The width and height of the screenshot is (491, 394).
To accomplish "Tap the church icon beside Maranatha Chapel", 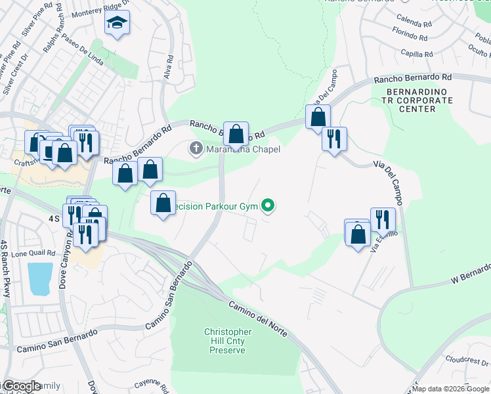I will coord(196,149).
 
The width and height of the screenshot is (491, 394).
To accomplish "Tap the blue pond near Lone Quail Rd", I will coord(39,278).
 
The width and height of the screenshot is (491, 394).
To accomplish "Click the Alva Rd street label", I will coord(169,68).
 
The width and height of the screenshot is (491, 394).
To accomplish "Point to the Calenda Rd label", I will coord(414,23).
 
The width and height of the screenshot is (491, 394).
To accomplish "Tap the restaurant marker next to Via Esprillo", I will coord(383,219).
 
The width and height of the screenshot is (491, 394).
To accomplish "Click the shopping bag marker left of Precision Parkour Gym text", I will coord(163,202).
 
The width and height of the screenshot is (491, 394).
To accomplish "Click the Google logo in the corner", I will coord(21,387).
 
